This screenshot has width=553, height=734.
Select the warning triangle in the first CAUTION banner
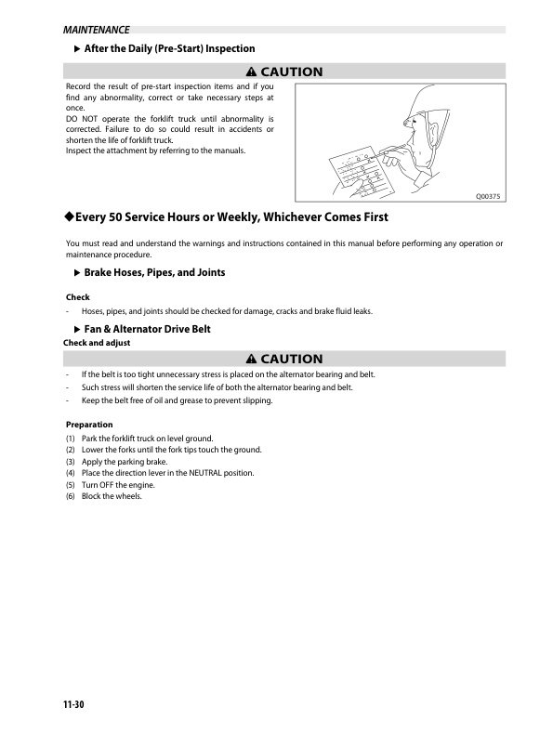tap(251, 72)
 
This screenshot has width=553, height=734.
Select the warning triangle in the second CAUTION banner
tap(251, 359)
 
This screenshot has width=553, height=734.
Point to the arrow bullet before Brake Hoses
tap(76, 272)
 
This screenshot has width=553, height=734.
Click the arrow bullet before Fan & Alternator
tap(76, 330)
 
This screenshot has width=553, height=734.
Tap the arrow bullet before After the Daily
tap(76, 48)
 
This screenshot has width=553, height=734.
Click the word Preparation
tap(88, 425)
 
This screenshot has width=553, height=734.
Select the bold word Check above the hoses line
tap(77, 297)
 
